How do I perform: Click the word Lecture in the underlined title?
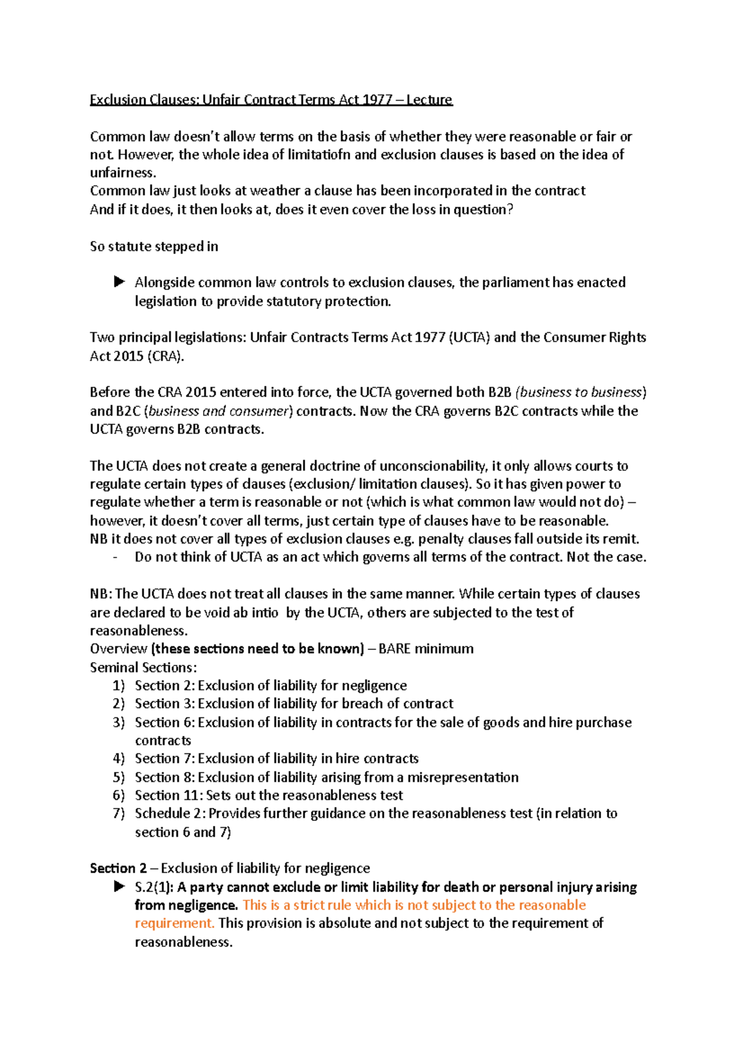[x=429, y=100]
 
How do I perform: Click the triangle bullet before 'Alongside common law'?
[x=119, y=282]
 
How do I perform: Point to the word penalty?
[x=441, y=539]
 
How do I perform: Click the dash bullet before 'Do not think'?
[x=116, y=557]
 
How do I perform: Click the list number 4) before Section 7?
[x=119, y=759]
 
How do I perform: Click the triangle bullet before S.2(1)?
[x=119, y=887]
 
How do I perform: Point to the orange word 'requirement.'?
[x=175, y=923]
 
